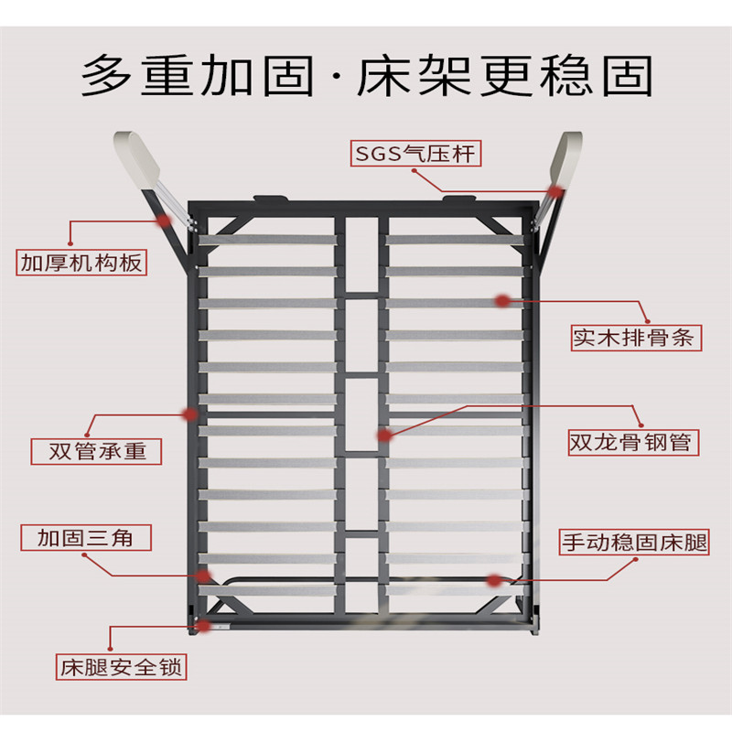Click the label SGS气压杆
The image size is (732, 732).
(415, 154)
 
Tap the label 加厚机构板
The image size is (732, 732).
(81, 263)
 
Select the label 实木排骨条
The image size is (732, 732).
(636, 338)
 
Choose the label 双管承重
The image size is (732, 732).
(96, 451)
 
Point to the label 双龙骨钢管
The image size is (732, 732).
(633, 442)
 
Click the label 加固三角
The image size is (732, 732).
(86, 537)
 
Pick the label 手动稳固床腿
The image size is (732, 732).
(634, 542)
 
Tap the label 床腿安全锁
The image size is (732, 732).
(122, 667)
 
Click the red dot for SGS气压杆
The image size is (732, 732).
(555, 191)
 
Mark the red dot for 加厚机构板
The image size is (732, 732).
(163, 220)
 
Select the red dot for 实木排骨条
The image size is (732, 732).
(501, 301)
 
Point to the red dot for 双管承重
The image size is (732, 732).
(190, 414)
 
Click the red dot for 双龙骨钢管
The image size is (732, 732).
(384, 436)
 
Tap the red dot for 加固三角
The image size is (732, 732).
(202, 576)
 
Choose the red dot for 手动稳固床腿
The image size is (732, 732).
(494, 581)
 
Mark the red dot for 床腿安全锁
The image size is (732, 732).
(204, 626)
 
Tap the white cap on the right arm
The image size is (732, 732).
(566, 158)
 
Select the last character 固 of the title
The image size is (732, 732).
(627, 75)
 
